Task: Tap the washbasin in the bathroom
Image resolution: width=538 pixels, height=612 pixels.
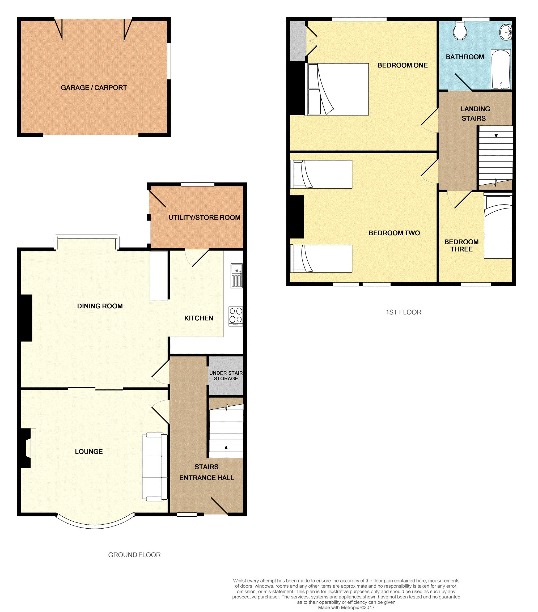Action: (x=506, y=32)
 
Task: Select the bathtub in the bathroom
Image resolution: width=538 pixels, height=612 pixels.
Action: (x=501, y=69)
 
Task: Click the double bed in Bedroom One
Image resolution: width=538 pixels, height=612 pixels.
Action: (x=337, y=89)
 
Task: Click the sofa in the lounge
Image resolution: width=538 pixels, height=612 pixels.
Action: (x=155, y=467)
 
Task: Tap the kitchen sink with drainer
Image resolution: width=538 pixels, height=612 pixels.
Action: (x=236, y=275)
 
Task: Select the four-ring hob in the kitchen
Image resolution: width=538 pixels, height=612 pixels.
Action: (x=236, y=316)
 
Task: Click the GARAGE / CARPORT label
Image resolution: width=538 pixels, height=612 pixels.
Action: (x=94, y=88)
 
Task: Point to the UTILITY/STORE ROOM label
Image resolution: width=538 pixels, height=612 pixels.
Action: (x=204, y=218)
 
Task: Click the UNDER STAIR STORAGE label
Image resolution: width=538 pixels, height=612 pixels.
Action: (x=226, y=376)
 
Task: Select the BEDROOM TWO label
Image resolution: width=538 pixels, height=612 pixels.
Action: (x=394, y=233)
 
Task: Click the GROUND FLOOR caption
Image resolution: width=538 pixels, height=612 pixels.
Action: (x=134, y=555)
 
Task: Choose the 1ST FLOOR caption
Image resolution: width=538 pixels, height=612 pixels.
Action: (x=404, y=312)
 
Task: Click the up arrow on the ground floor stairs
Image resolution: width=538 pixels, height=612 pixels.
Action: (x=226, y=450)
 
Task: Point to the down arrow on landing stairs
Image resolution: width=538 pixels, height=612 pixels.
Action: (x=496, y=133)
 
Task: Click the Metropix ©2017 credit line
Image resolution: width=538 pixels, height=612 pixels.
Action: (x=346, y=607)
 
